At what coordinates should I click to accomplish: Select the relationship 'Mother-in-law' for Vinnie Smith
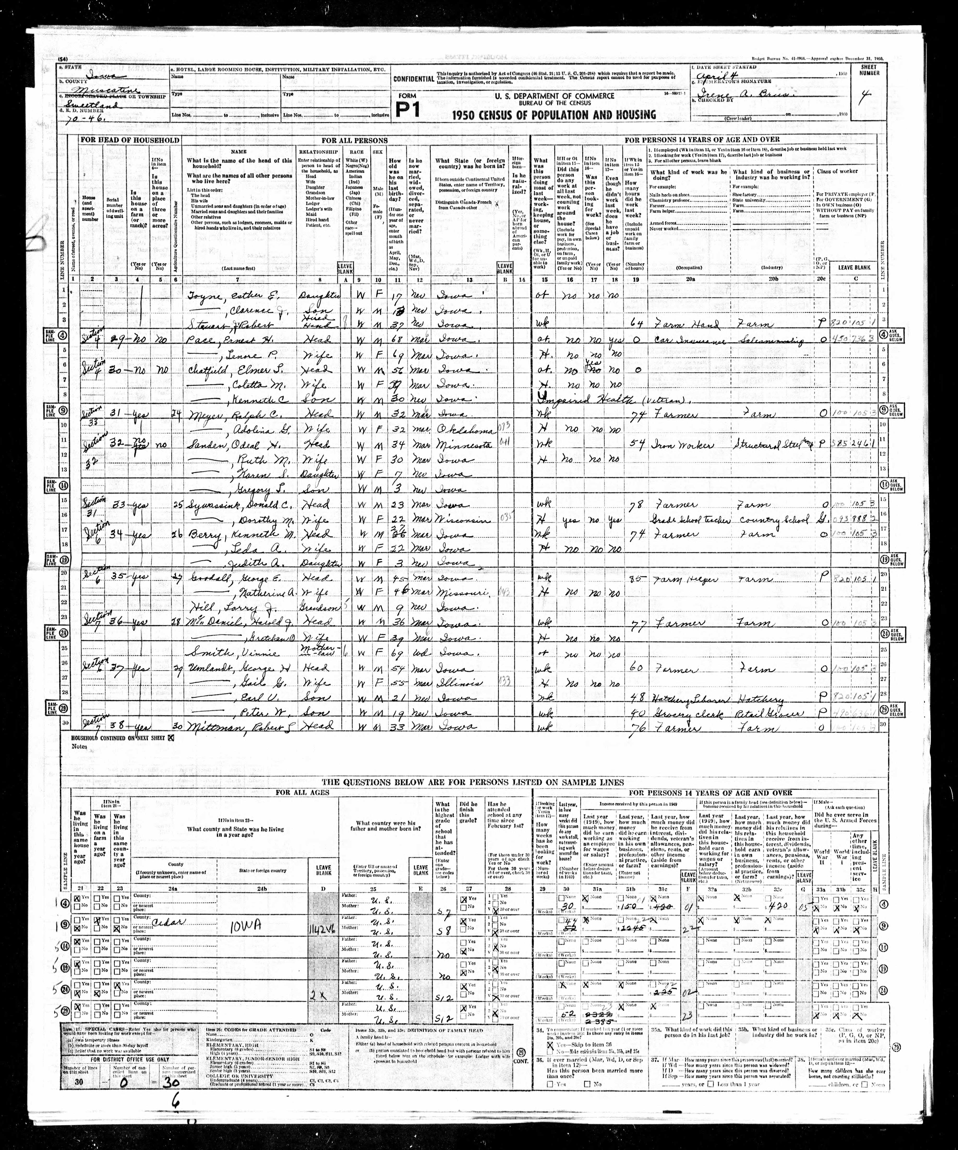tap(317, 652)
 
